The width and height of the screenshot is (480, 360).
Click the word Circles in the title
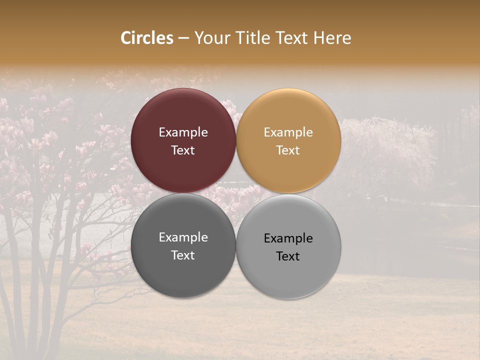(x=147, y=38)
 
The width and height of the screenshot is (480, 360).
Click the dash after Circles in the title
(x=183, y=38)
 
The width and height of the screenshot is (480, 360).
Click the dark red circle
(x=183, y=115)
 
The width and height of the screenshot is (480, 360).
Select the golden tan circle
(x=288, y=115)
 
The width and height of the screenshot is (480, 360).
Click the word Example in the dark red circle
(x=183, y=132)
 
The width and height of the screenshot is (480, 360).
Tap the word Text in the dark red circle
(x=183, y=150)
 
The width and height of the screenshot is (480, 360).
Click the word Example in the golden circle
(x=288, y=132)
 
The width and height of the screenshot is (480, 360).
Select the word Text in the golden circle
(x=288, y=150)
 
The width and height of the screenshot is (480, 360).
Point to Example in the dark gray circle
(x=183, y=237)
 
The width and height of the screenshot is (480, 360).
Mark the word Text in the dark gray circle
(x=183, y=255)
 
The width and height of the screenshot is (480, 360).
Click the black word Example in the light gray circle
(x=288, y=238)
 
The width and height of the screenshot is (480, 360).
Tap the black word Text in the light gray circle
(x=288, y=256)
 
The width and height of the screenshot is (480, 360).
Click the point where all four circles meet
(x=236, y=193)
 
